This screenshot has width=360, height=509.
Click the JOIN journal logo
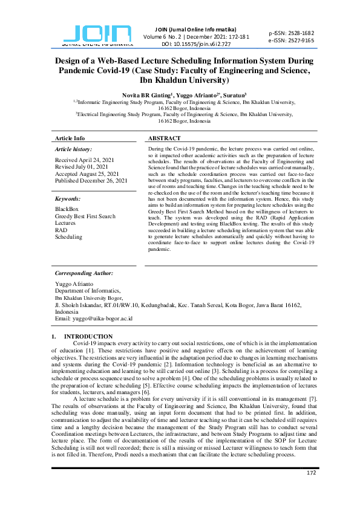(97, 35)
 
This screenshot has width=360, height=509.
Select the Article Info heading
(70, 138)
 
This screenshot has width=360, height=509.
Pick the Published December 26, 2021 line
(91, 181)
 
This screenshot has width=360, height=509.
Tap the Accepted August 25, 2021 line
(87, 173)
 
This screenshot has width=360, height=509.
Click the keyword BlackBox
(67, 209)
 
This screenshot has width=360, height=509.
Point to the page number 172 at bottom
(312, 490)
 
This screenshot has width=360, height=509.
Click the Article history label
(73, 149)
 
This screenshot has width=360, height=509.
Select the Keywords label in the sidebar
(68, 198)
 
